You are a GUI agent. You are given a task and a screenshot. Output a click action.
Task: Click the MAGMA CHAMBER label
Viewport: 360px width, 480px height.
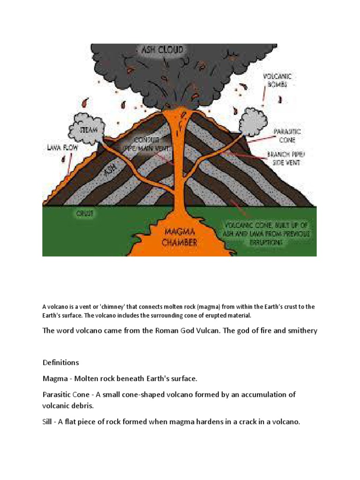click(x=179, y=237)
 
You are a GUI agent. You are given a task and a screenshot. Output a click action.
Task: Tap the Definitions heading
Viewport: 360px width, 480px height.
click(x=61, y=362)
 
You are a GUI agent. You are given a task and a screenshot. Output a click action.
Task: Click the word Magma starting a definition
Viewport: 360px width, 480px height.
click(x=54, y=378)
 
